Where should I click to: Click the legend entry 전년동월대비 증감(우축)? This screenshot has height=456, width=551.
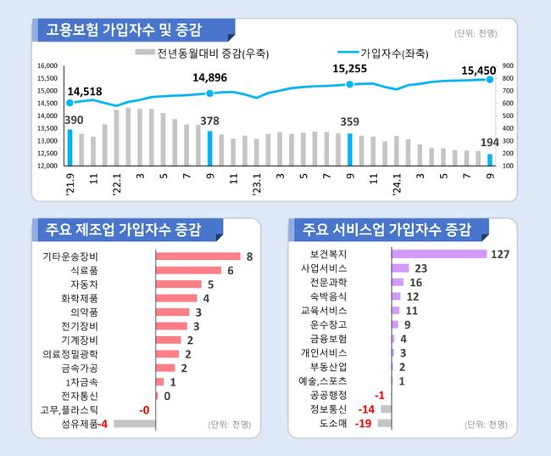tap(223, 52)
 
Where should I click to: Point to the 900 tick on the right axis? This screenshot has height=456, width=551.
tap(507, 65)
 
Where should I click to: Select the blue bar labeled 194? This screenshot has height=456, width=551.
tap(490, 160)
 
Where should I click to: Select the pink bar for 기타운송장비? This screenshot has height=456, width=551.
tap(198, 256)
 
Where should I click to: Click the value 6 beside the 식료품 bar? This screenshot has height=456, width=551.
tap(230, 270)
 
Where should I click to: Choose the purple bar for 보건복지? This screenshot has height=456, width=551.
tap(438, 254)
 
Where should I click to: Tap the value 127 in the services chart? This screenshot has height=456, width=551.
tap(501, 254)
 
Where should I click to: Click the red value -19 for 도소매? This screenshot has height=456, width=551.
tap(363, 423)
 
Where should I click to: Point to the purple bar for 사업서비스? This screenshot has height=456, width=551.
tap(400, 268)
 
